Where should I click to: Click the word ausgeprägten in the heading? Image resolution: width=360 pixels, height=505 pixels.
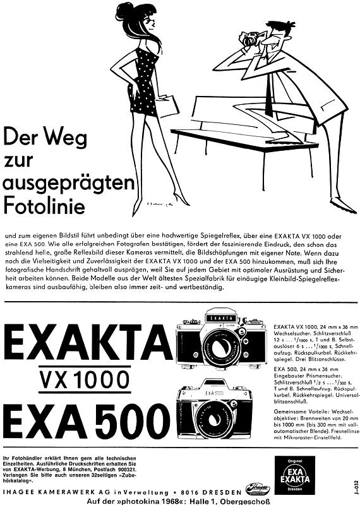(68, 182)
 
